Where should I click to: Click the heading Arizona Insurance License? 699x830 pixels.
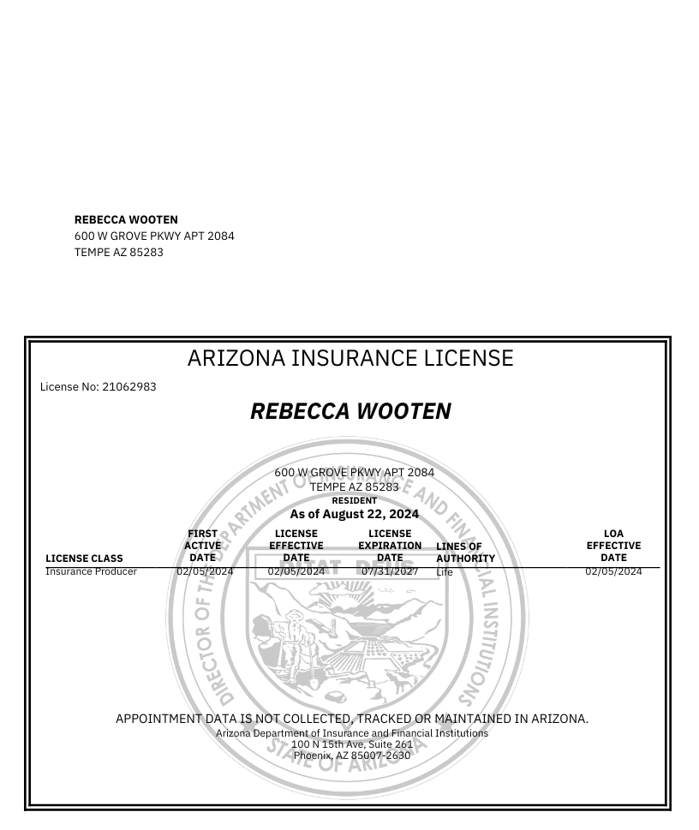pos(349,358)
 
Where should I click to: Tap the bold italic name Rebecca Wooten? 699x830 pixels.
pos(349,411)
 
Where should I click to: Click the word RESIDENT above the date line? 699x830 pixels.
pos(354,500)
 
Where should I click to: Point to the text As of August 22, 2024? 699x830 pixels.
pos(354,515)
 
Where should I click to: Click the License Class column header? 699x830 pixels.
pos(84,558)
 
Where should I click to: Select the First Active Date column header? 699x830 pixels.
pos(203,546)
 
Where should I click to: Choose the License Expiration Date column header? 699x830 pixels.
pos(390,546)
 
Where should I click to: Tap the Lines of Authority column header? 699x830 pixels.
pos(465,552)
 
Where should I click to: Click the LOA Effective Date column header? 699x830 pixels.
pos(613,546)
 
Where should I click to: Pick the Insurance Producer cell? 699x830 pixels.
pos(91,571)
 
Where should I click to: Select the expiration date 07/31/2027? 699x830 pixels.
pos(390,571)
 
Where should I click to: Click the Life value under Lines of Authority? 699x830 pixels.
pos(444,572)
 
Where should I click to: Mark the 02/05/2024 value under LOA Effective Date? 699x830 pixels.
pos(613,571)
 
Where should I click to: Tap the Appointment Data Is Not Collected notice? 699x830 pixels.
pos(352,719)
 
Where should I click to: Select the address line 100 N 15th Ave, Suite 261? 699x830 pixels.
pos(352,744)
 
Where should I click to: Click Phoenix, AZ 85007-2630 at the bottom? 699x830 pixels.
pos(352,755)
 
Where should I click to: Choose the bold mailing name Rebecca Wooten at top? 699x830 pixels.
pos(126,220)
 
